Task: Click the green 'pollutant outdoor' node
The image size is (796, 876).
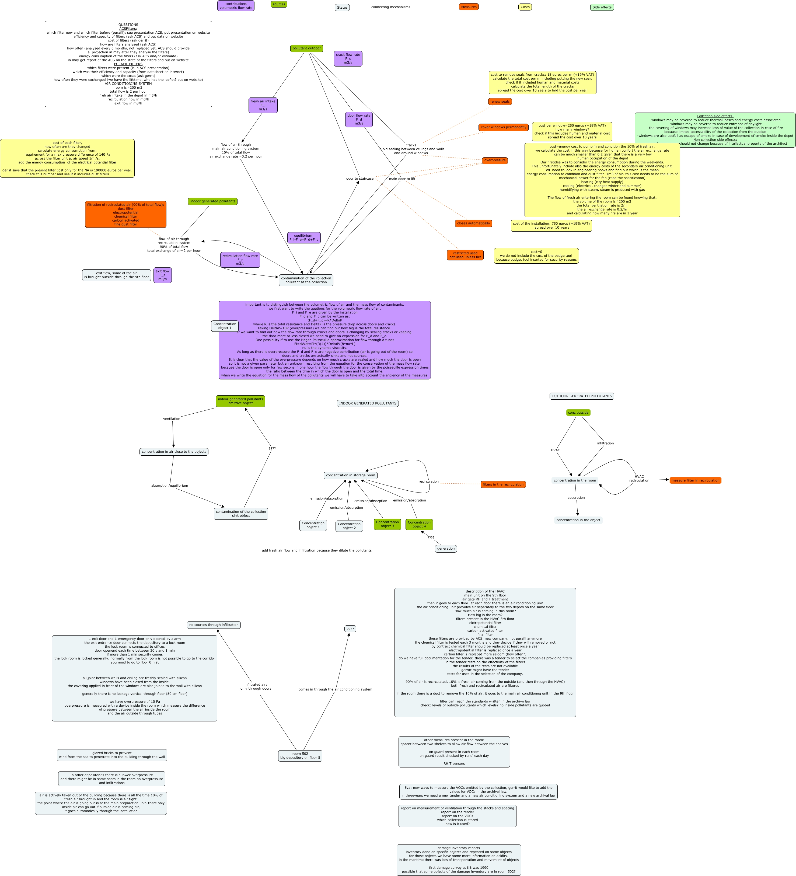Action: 306,48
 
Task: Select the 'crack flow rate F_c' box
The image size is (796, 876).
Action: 348,59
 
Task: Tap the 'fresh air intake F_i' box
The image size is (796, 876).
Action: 263,105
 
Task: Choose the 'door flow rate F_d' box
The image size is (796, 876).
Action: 359,120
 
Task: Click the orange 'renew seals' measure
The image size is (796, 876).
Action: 500,102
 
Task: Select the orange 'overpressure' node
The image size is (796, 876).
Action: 495,160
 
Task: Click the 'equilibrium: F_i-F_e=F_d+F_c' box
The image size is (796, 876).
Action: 304,238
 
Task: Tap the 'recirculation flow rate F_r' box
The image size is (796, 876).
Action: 240,260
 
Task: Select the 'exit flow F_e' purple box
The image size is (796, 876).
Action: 162,275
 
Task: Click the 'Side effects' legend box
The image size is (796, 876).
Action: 602,7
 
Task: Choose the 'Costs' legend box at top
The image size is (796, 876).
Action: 525,7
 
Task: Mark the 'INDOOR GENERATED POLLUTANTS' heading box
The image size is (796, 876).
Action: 368,403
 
